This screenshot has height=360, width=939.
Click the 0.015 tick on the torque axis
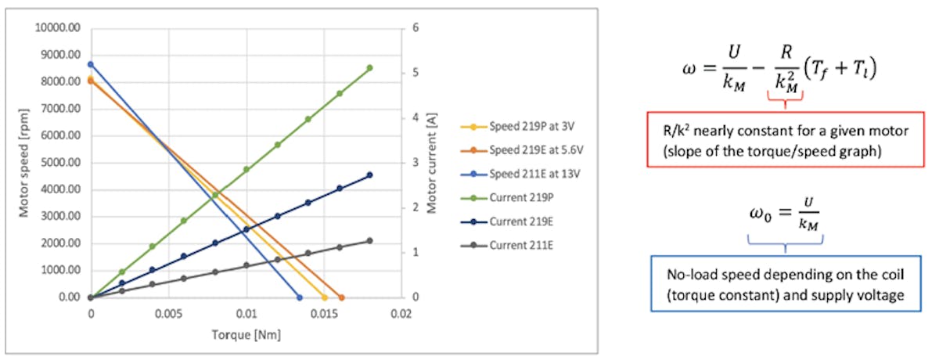click(x=325, y=312)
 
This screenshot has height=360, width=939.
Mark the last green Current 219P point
click(x=370, y=68)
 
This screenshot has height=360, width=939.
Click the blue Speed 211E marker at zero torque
click(x=91, y=64)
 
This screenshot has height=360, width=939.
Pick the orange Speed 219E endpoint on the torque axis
click(x=341, y=297)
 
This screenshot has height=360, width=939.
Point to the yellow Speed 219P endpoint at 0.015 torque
click(x=325, y=297)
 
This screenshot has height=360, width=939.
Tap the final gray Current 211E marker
click(x=370, y=241)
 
